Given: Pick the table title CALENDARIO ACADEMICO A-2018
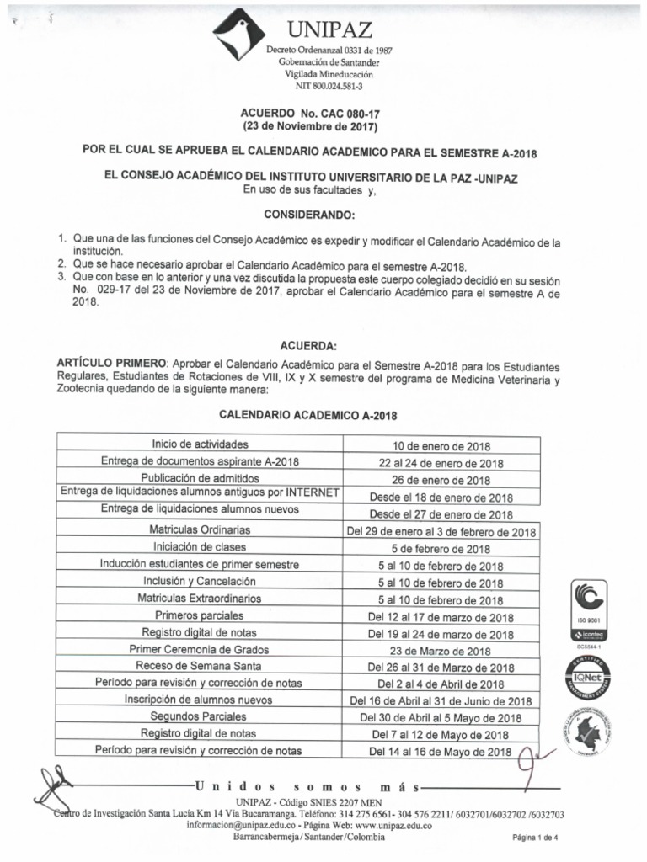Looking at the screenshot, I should click(308, 415).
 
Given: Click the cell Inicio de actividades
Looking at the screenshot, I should click(201, 444).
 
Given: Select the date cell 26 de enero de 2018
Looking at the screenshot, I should click(441, 480).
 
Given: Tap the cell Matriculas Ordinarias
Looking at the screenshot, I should click(200, 529).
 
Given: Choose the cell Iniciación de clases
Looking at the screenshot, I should click(200, 547).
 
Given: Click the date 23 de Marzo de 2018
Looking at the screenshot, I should click(441, 651).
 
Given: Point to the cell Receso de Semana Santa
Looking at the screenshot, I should click(200, 666).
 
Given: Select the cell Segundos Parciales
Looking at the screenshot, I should click(200, 716).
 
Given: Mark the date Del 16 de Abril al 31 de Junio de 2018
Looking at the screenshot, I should click(441, 700).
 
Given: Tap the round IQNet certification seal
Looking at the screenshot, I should click(589, 677).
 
